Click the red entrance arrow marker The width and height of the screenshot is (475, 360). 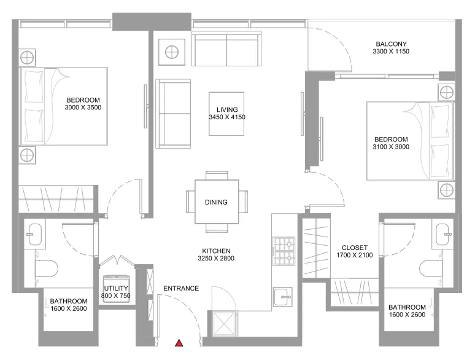coord(179,343)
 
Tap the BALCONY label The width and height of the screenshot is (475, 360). coord(391,44)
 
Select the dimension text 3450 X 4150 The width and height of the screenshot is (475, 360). coord(226,116)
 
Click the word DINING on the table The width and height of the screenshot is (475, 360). coord(217,202)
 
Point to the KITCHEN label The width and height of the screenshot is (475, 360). coord(217,251)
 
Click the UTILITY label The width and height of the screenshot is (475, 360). coord(115,288)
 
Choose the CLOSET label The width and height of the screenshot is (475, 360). coord(355,248)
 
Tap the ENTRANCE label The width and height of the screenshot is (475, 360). coord(181,288)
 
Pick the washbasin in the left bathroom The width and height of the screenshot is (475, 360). coord(34,233)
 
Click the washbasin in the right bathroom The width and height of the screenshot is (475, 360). coord(442,232)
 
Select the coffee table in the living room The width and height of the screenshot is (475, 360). coord(226,113)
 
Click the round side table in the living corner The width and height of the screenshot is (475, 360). coord(171,51)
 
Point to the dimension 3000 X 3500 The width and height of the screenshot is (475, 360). coord(82,108)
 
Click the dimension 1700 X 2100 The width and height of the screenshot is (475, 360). coord(355,255)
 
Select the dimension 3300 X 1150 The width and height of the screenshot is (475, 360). coord(391,52)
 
